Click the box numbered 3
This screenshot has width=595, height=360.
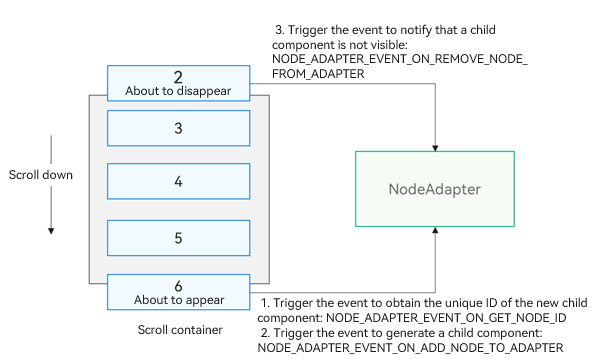point(178,128)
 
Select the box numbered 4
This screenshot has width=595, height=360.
point(178,181)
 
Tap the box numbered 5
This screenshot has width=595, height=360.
point(178,238)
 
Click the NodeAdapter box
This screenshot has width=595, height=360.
point(435,189)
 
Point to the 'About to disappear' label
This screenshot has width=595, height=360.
point(178,91)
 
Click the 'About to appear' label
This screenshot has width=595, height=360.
point(179,300)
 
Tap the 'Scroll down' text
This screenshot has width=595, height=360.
point(41,175)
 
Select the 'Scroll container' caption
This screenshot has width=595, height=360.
point(180,330)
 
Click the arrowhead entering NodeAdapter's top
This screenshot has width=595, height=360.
point(435,148)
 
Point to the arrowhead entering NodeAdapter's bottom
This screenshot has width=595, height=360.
point(435,230)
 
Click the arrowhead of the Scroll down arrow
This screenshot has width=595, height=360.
point(51,231)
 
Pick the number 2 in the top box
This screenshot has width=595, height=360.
point(178,77)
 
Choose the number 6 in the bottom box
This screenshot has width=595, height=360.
point(178,286)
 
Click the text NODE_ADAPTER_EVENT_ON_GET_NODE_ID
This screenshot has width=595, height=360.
point(446,318)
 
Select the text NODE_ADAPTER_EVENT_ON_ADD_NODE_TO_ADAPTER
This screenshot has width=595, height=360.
point(411,348)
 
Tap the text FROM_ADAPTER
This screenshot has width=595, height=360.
point(318,74)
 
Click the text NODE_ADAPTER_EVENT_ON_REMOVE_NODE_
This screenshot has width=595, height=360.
point(400,60)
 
